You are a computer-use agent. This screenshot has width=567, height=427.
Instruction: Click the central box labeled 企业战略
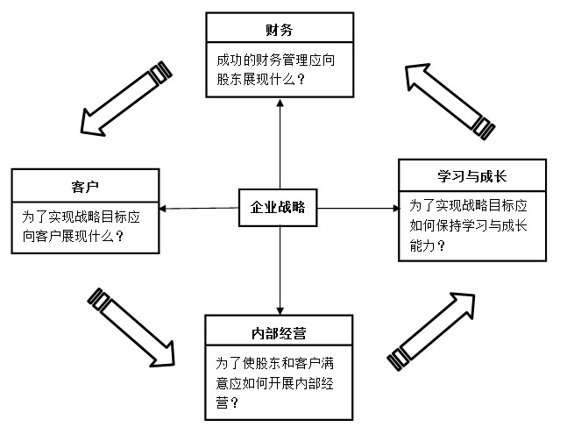278,207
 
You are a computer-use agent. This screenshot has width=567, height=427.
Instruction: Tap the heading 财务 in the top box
280,30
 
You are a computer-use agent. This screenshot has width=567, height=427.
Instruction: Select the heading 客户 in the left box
85,187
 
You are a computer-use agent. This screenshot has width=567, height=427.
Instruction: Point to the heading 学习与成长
471,176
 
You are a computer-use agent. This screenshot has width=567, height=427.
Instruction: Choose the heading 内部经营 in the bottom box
279,333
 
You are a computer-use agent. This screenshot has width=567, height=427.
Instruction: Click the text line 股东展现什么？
261,79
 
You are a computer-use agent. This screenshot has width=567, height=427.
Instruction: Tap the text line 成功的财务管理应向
275,60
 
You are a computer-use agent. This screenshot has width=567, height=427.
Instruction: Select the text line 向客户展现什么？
74,237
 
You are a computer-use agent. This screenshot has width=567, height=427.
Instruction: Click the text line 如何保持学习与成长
468,226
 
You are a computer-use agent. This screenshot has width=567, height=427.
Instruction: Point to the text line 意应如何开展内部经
275,383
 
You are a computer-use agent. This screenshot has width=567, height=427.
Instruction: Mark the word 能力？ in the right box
428,246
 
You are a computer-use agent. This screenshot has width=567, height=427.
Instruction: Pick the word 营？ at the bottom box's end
228,402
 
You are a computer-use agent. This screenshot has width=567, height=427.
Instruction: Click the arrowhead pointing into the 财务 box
280,103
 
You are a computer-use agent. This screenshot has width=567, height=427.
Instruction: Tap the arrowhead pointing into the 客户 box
163,209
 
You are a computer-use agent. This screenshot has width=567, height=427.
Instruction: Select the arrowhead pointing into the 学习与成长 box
396,208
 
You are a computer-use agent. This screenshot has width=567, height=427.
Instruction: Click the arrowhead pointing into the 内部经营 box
280,310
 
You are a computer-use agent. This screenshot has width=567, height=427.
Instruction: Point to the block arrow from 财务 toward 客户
126,98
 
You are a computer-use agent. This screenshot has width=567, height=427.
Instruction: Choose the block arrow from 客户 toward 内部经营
131,328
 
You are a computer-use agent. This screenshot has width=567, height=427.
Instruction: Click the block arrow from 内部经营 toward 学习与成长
430,331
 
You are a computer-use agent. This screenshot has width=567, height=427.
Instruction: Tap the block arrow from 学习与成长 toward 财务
450,102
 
